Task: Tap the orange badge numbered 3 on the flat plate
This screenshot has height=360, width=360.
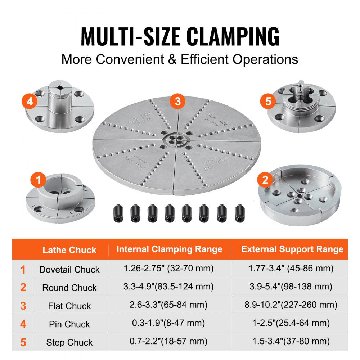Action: (x=177, y=101)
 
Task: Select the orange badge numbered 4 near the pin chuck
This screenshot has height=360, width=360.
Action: (x=30, y=101)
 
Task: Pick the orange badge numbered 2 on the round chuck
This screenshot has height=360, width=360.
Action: (x=265, y=179)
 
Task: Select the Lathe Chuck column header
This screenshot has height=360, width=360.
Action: (x=69, y=250)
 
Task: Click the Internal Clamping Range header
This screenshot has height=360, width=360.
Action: (x=169, y=249)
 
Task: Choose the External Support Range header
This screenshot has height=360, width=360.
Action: (x=292, y=249)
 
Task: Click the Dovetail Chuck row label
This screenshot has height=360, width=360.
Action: (x=69, y=269)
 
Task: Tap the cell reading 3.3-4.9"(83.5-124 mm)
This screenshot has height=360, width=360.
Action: (x=169, y=287)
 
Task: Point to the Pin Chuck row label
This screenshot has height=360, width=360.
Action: (x=69, y=324)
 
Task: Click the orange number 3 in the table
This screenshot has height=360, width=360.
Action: (x=23, y=306)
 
